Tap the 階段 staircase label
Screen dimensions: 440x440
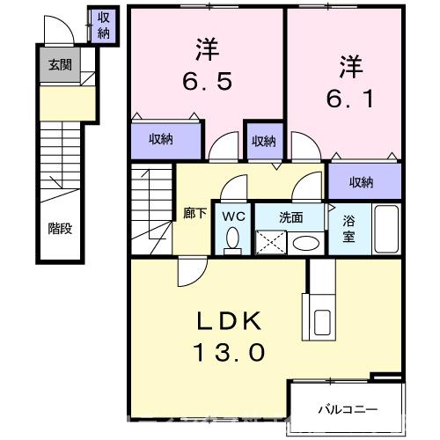[61, 228]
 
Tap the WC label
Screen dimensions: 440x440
[232, 216]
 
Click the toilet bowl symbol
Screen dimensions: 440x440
[233, 238]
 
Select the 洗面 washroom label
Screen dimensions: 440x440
[291, 216]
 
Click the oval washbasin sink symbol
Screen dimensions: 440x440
[305, 242]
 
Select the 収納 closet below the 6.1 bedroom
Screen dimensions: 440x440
[362, 182]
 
